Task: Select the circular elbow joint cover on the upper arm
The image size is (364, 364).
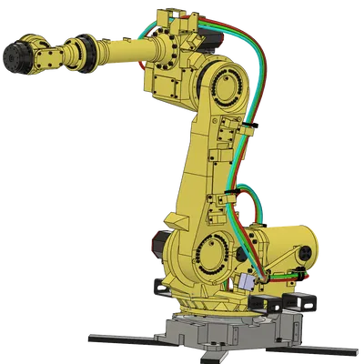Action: click(222, 92)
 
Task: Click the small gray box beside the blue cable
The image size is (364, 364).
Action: click(249, 284)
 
